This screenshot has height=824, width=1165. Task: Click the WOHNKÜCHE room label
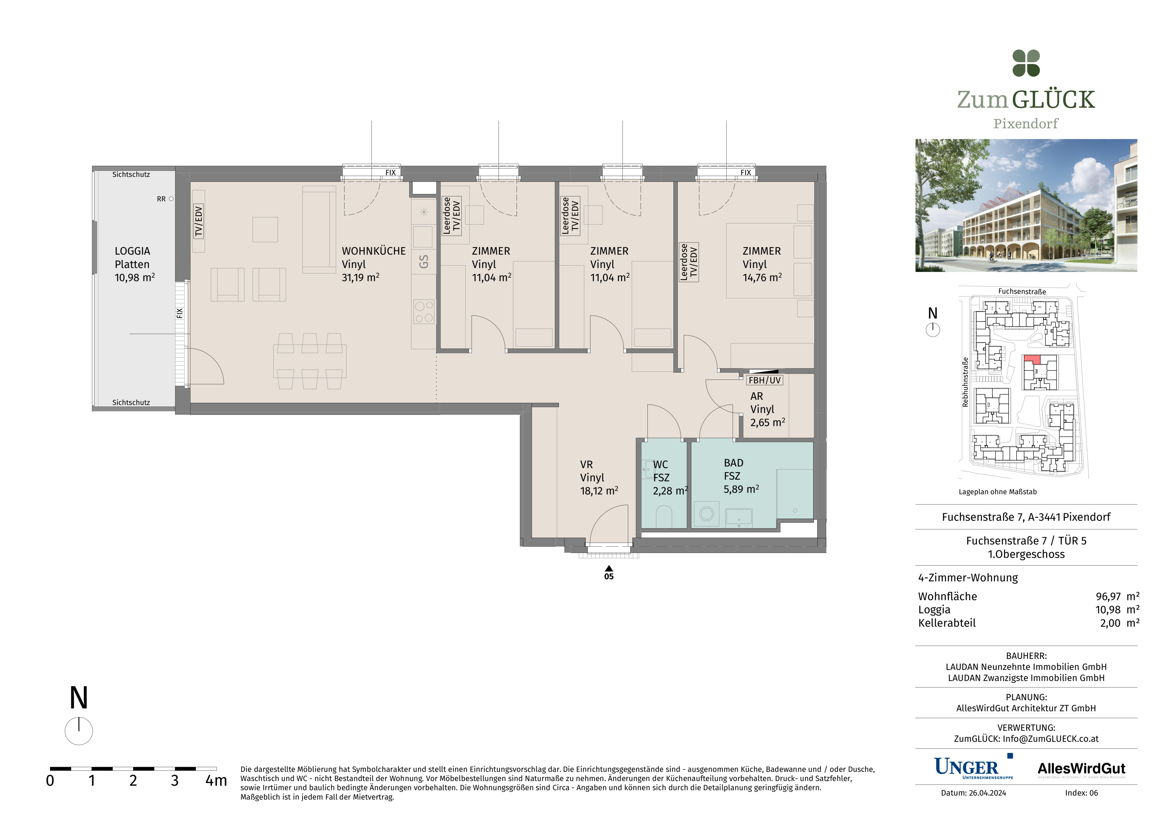373,251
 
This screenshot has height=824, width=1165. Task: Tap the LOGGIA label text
132,251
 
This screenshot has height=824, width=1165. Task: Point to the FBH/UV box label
765,380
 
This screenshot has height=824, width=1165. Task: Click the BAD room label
733,463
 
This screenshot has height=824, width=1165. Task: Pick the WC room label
660,465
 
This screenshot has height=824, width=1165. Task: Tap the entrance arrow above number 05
609,568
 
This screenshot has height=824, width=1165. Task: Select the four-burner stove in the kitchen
424,312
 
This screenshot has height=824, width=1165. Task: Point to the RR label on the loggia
161,199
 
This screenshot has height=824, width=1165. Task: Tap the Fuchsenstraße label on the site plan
1022,291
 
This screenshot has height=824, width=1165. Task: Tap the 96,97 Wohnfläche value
1108,596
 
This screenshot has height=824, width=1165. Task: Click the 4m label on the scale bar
216,780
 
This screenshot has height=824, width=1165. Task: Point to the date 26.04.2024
987,793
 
